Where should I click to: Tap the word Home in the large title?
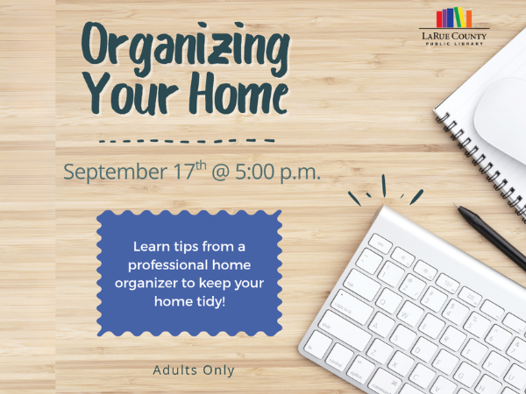pyautogui.click(x=238, y=93)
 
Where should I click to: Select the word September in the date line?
pyautogui.click(x=116, y=172)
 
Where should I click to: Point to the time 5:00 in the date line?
pyautogui.click(x=255, y=172)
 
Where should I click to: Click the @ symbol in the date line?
pyautogui.click(x=220, y=172)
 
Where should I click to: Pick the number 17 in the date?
pyautogui.click(x=184, y=172)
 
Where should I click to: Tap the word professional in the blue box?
pyautogui.click(x=167, y=265)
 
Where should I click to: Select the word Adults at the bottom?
pyautogui.click(x=174, y=370)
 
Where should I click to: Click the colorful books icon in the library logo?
pyautogui.click(x=453, y=18)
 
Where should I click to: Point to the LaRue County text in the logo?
pyautogui.click(x=454, y=36)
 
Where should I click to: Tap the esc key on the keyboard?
pyautogui.click(x=380, y=243)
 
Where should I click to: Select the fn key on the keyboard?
pyautogui.click(x=317, y=345)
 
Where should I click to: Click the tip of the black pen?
pyautogui.click(x=454, y=204)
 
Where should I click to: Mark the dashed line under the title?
pyautogui.click(x=187, y=141)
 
